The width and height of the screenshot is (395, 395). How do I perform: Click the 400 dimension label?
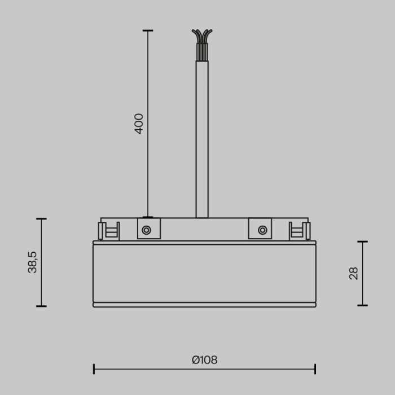coord(139,124)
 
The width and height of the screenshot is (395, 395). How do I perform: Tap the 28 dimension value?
coord(354,274)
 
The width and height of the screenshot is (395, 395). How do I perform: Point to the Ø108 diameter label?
coord(204,360)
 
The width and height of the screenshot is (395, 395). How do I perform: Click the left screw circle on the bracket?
coord(146,230)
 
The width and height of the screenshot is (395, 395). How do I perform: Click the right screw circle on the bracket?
coord(262,230)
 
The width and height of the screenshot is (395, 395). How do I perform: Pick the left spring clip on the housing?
coord(109,231)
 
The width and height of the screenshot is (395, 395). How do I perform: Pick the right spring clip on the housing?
coord(300,231)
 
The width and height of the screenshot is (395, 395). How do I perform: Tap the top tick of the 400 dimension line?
coord(148,30)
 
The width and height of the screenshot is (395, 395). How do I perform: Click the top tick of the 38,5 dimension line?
coord(41,219)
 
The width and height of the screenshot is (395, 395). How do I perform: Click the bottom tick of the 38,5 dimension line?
coord(41,306)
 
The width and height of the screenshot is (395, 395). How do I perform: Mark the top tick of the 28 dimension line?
coord(362,242)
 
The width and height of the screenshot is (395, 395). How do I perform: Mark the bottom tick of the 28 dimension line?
coord(362,306)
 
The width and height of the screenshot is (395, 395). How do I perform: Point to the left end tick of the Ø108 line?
coord(94,369)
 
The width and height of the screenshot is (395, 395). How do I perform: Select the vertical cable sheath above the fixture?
coord(202,141)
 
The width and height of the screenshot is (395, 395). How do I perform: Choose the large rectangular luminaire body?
coord(204,274)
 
